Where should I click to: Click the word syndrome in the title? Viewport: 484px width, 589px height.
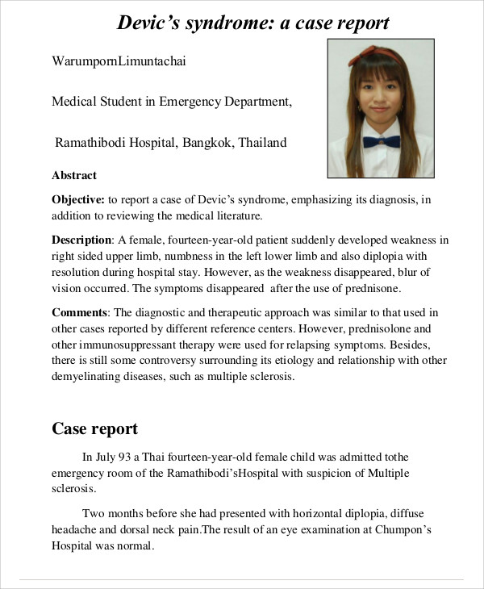213,23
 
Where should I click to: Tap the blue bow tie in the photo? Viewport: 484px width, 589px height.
381,142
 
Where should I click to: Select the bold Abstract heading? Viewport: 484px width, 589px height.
74,175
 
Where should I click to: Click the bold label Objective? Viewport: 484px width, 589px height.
78,199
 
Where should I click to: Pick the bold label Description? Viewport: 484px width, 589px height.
81,240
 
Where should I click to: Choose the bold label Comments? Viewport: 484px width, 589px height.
81,312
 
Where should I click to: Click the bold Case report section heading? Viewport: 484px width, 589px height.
94,428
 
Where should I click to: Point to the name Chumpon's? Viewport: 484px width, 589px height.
407,530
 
